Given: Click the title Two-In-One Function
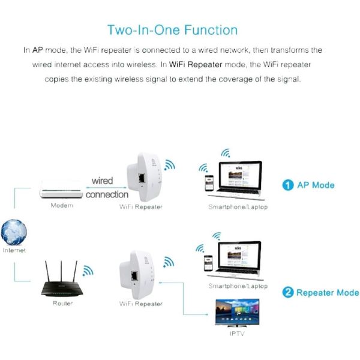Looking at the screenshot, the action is (x=172, y=30).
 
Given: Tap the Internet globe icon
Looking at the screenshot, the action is (x=14, y=232).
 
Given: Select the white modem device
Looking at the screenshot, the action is (x=61, y=189).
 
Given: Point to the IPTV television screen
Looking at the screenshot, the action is (x=237, y=311).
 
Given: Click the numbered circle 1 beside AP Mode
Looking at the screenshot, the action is (x=288, y=185).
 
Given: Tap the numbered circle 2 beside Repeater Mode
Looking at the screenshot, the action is (x=288, y=293).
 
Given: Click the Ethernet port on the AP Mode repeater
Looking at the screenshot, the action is (x=142, y=178).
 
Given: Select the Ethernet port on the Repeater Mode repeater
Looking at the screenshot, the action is (x=134, y=276).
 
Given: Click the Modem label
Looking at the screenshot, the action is (x=62, y=205).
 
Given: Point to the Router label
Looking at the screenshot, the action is (x=62, y=303).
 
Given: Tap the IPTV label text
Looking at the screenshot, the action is (x=237, y=334).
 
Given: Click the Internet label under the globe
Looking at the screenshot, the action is (x=14, y=250).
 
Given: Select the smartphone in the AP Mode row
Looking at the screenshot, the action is (x=209, y=183).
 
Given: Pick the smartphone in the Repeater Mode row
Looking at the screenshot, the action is (x=208, y=263).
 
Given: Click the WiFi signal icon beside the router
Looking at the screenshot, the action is (x=88, y=271).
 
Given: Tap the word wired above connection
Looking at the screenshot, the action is (x=102, y=181).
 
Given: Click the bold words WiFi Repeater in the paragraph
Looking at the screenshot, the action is (x=196, y=65).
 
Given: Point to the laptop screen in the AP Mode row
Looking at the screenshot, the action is (x=240, y=177).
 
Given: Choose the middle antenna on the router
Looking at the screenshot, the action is (x=61, y=272).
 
